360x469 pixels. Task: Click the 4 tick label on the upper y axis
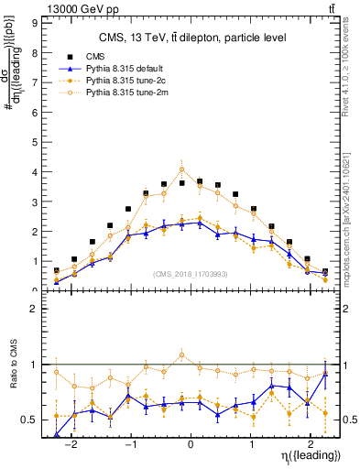pyautogui.click(x=34, y=171)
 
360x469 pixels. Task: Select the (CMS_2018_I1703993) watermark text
pyautogui.click(x=191, y=272)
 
